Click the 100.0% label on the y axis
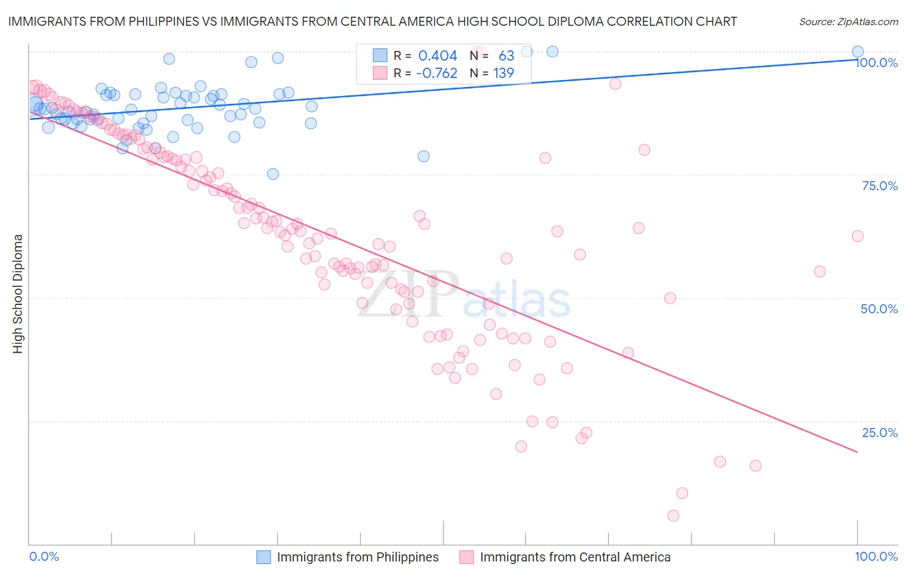876,63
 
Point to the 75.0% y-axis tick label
880,186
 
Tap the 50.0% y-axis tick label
879,309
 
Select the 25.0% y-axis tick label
880,433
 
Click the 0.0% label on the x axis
44,556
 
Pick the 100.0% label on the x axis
876,556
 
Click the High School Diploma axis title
18,293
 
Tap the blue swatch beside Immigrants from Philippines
264,557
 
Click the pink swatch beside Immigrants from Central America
467,557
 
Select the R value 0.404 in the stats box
438,56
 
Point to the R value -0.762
436,73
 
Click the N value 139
503,73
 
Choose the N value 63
506,56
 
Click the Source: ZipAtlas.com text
848,22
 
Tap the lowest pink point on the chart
673,516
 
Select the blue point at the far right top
858,52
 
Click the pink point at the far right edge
858,236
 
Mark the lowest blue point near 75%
273,174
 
